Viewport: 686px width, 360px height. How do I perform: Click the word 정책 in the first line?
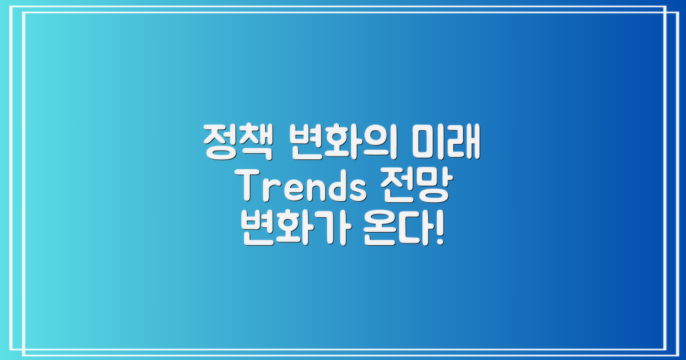[x=236, y=143]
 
